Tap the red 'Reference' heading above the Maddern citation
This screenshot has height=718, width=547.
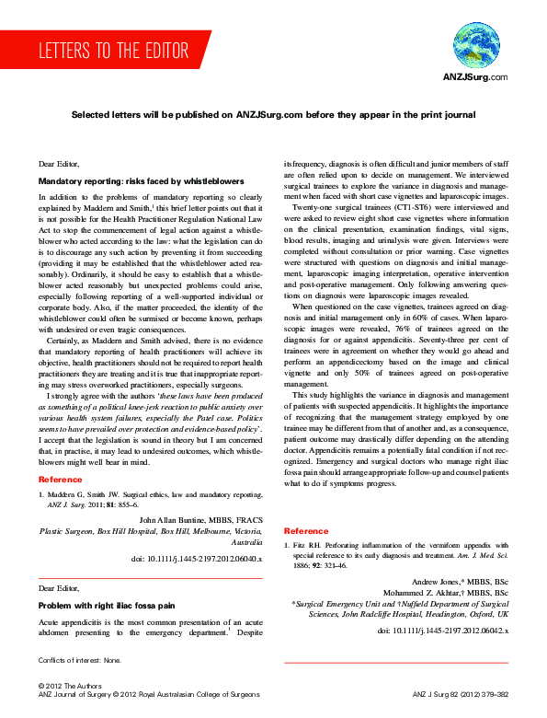point(60,480)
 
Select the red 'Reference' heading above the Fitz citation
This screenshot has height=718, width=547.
point(306,531)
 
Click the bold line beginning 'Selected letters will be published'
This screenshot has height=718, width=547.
point(274,115)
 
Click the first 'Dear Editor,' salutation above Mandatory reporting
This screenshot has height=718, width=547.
point(59,163)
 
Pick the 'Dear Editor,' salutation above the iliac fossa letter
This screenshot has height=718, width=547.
point(59,586)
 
